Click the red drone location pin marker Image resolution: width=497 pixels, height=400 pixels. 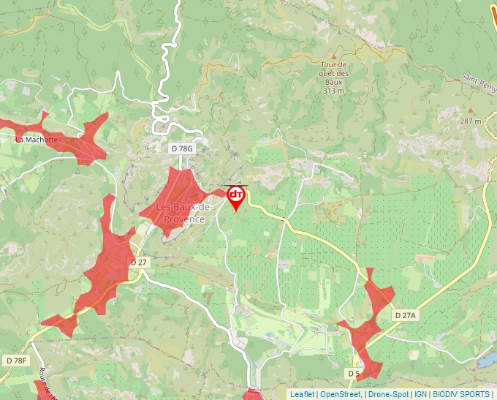coord(236,196)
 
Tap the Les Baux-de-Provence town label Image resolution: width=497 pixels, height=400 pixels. coord(180,213)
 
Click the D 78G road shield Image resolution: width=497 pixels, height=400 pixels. coord(182,148)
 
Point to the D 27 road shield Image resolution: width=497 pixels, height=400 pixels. coord(139,262)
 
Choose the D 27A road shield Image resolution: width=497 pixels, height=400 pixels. coord(405,315)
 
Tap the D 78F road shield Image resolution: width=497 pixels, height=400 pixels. coord(16,361)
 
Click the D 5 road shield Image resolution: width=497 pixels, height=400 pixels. coord(354,374)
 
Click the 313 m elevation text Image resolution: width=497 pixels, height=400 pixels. coord(333,91)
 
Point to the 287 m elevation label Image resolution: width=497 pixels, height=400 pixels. coord(470,121)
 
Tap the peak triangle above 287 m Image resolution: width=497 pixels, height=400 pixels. coord(470,110)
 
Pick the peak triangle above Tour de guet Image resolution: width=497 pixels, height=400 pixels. coord(335,56)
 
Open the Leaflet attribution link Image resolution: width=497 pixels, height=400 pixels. coord(302,394)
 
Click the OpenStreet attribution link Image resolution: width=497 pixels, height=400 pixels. coord(340,394)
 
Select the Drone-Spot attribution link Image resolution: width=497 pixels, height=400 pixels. coord(387,394)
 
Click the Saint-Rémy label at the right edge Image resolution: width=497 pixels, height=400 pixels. coord(479,78)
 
